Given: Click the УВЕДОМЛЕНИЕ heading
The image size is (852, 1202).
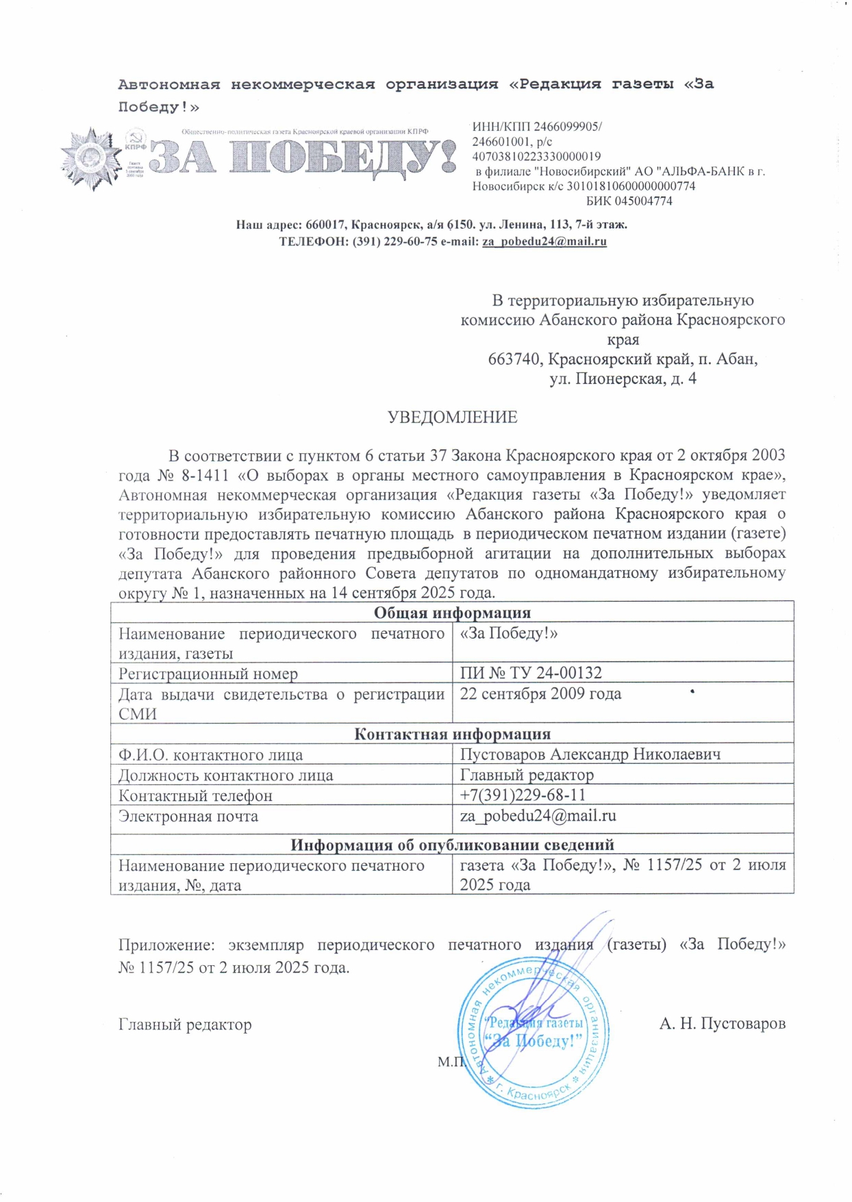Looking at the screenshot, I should coord(452,418).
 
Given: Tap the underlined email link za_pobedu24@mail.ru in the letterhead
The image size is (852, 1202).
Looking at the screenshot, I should coord(544,242).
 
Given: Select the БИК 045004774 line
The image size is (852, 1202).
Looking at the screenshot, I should coord(629,201).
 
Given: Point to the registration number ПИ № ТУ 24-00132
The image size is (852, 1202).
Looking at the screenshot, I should coord(531,673).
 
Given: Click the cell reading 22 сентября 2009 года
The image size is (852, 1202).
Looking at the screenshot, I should coord(540,694).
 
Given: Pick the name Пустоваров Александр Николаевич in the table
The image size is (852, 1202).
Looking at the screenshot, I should coord(590,754).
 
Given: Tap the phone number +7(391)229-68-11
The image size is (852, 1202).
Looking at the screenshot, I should coord(523,795).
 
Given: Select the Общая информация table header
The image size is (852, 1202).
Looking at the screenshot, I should coord(452,613).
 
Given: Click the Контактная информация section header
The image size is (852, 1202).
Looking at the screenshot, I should coord(452,734).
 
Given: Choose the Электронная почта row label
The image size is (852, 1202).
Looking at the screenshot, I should coord(188,816).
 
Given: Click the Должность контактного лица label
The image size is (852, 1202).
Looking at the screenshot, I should coord(226,776).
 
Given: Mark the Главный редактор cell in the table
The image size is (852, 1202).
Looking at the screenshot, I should coord(527,775).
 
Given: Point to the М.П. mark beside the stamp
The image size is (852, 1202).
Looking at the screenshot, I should coord(451,1062).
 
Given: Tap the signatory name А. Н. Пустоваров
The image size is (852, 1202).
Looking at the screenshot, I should coord(722,1024).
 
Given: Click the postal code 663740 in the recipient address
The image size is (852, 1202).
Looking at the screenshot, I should coord(516,359).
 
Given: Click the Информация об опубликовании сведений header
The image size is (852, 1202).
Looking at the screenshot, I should coord(452,845).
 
